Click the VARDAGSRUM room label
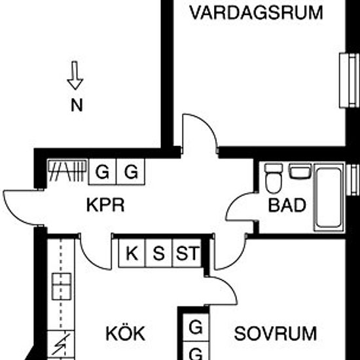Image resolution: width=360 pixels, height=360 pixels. coord(256,13)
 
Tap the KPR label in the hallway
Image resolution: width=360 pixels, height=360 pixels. coord(105,205)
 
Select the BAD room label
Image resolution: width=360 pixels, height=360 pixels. coord(287,205)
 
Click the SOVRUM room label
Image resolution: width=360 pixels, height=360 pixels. coord(276,334)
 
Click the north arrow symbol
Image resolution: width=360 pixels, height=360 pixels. coord(75,75)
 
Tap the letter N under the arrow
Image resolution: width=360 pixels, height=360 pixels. coord(77,105)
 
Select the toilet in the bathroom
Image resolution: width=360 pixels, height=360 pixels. coord(274,179)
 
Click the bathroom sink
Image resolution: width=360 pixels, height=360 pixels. coord(300,171)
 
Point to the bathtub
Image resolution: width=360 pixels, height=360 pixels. coord(329,197)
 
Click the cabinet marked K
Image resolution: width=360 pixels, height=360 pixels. coord(132,253)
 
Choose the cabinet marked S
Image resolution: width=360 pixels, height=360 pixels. coord(158,253)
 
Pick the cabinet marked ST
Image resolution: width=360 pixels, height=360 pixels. coord(187,253)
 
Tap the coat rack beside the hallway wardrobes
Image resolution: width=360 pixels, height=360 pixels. coord(67,170)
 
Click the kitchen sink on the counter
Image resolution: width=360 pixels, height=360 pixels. coord(62,286)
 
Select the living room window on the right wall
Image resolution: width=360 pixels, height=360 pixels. coord(349,81)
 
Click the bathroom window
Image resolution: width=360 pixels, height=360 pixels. coord(353,180)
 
